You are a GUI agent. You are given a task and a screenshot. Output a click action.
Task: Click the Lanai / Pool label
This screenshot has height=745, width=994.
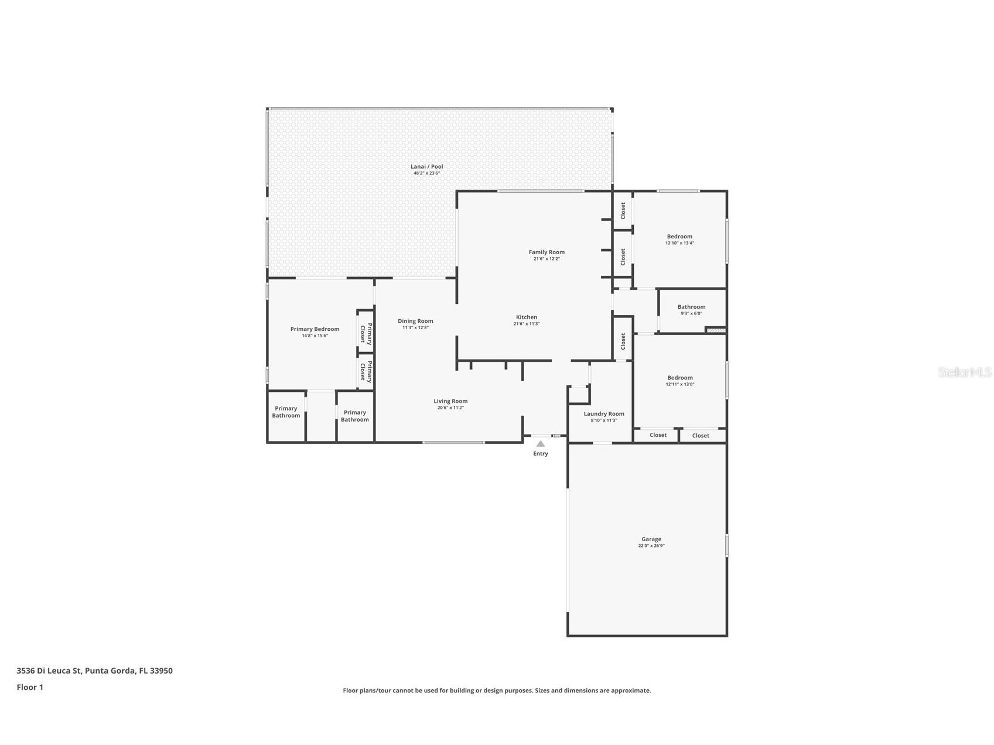click(426, 166)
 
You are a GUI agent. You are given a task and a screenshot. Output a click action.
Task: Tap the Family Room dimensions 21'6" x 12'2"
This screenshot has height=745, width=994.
click(546, 259)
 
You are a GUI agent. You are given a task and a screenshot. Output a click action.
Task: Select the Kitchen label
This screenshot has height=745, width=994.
click(526, 317)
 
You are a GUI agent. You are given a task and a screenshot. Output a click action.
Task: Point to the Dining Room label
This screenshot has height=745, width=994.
click(415, 321)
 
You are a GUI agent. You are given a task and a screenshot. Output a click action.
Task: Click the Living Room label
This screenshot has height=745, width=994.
click(450, 401)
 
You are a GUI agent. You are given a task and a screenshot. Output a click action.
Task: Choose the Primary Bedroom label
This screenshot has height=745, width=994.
click(315, 329)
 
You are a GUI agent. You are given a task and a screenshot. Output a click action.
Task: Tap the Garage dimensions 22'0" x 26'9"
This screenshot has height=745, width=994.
click(651, 546)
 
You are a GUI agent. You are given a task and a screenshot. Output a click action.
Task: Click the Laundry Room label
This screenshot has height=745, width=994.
click(604, 413)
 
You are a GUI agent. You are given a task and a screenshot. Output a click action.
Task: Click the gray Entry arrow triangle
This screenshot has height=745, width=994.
click(541, 444)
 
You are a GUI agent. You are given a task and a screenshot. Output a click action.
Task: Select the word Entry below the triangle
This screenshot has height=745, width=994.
click(541, 454)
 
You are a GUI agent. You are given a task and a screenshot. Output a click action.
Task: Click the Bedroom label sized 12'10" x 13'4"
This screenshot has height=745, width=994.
click(679, 237)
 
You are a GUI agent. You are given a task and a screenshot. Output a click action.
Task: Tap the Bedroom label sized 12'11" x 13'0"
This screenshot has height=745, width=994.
click(679, 378)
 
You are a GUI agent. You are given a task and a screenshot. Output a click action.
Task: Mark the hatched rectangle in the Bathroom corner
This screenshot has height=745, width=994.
click(716, 331)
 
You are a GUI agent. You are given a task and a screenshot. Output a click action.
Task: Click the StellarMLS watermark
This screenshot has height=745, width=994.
click(964, 372)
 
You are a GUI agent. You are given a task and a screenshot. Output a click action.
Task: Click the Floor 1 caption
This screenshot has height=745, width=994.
click(30, 688)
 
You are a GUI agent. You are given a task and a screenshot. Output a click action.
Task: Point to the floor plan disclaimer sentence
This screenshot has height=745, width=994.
click(497, 691)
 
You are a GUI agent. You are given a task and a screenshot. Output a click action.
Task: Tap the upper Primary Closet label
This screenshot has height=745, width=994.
click(366, 332)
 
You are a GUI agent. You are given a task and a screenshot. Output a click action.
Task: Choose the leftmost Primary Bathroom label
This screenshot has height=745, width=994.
click(286, 412)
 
